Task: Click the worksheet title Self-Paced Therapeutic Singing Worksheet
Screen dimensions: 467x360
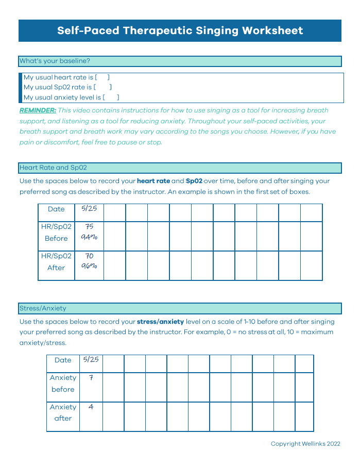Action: (180, 30)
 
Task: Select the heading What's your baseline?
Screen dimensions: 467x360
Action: (55, 61)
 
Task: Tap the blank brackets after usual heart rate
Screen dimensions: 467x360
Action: (102, 77)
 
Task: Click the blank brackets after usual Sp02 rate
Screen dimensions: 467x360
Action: (102, 87)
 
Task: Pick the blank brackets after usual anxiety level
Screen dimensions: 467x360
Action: (111, 97)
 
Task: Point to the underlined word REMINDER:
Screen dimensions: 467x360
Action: (38, 110)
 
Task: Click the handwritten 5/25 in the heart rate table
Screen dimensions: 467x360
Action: (89, 209)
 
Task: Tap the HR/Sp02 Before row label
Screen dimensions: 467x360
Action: (56, 232)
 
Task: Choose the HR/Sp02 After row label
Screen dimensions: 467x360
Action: (56, 261)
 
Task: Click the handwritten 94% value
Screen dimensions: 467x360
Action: (89, 238)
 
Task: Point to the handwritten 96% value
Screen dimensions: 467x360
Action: (89, 266)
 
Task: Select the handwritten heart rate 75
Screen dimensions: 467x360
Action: (89, 226)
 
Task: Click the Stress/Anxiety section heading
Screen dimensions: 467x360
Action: (43, 308)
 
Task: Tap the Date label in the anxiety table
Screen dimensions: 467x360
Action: (63, 360)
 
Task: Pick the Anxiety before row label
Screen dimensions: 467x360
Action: (63, 383)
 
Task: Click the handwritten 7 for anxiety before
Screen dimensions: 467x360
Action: (91, 378)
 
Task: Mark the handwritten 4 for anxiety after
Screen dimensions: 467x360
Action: (91, 407)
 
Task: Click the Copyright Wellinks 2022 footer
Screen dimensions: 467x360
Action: (305, 444)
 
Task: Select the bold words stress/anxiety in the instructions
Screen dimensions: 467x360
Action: (160, 322)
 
